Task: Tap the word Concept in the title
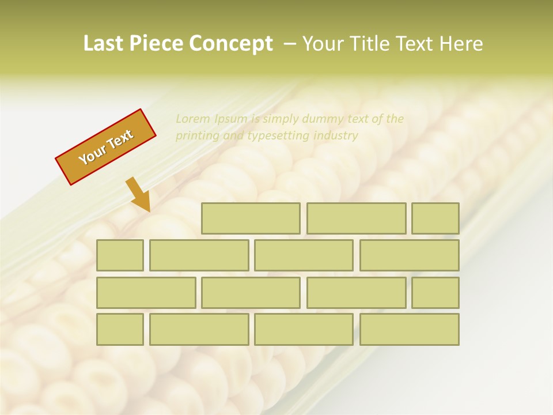(231, 44)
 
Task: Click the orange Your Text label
(106, 147)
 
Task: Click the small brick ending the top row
(435, 218)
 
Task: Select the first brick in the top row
(251, 218)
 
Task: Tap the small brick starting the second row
(120, 255)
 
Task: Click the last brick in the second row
(410, 255)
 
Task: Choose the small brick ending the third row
(435, 293)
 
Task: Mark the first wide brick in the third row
(146, 293)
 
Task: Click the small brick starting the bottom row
(120, 329)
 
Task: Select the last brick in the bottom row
(410, 329)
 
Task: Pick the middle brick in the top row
(356, 218)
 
